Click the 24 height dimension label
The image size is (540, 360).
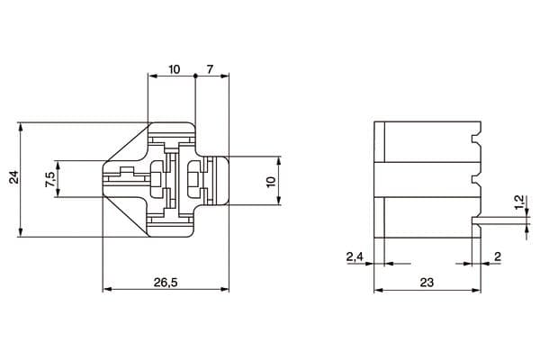coord(14,176)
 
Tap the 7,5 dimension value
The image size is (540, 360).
coord(49,179)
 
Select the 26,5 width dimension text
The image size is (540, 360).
coord(166,283)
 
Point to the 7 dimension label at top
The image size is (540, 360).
coord(210,69)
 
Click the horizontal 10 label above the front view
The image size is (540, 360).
coord(175,69)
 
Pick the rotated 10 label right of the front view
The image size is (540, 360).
coord(272,181)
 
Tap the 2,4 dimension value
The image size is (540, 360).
coord(355,256)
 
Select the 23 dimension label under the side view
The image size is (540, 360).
coord(427,283)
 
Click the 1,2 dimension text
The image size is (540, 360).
coord(519,202)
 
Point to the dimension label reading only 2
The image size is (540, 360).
coord(498,256)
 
